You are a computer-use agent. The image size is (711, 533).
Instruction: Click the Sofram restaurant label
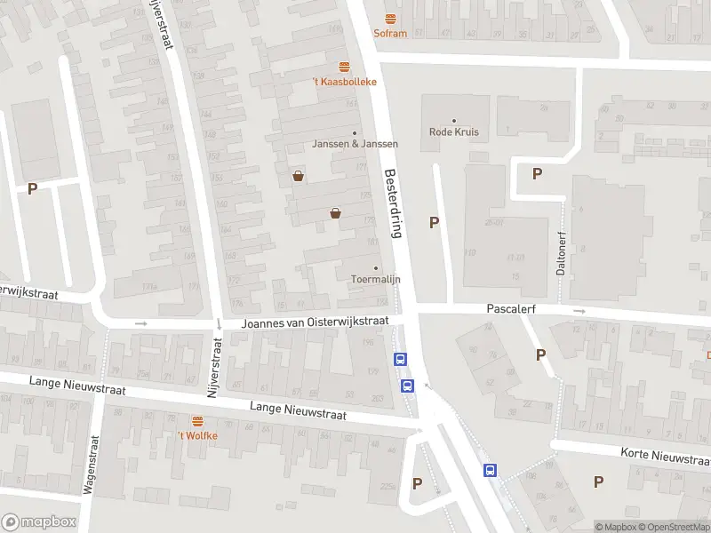tap(390, 34)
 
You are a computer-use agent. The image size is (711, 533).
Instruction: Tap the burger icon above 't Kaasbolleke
tap(344, 67)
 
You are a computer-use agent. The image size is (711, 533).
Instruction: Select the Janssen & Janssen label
tap(355, 143)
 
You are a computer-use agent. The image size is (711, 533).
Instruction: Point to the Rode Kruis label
tap(454, 131)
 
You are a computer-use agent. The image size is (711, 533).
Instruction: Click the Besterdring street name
tap(393, 203)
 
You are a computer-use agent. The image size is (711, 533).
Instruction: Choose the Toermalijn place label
tap(375, 278)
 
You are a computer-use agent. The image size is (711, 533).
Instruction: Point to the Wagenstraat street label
tap(90, 464)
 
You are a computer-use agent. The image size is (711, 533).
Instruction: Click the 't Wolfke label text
tap(197, 435)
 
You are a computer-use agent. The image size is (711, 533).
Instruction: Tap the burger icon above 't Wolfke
tap(197, 420)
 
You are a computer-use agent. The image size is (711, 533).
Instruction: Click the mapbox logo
tap(38, 522)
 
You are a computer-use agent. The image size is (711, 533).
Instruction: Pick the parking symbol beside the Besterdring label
tap(435, 223)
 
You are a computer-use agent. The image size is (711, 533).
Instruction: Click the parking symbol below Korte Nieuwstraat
tap(598, 481)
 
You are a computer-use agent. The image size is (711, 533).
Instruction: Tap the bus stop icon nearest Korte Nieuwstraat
tap(489, 471)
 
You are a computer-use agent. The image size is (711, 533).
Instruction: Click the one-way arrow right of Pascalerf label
tap(579, 311)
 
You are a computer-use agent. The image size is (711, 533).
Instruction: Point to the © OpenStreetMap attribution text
tap(679, 527)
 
